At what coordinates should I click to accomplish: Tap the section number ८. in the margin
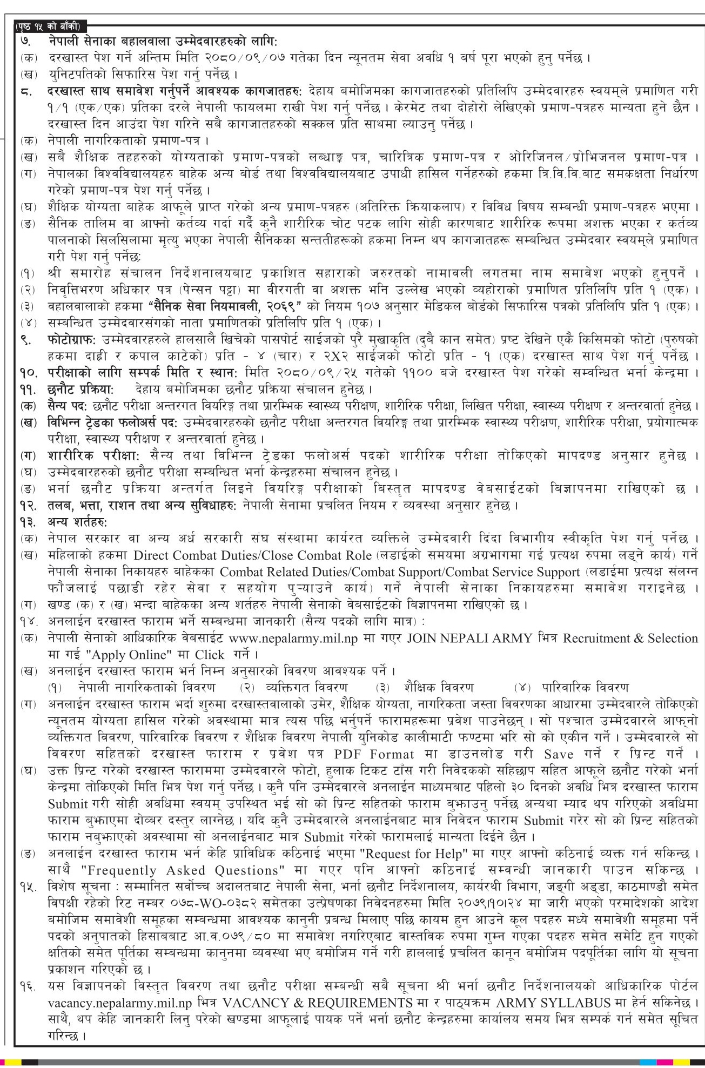(x=26, y=91)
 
